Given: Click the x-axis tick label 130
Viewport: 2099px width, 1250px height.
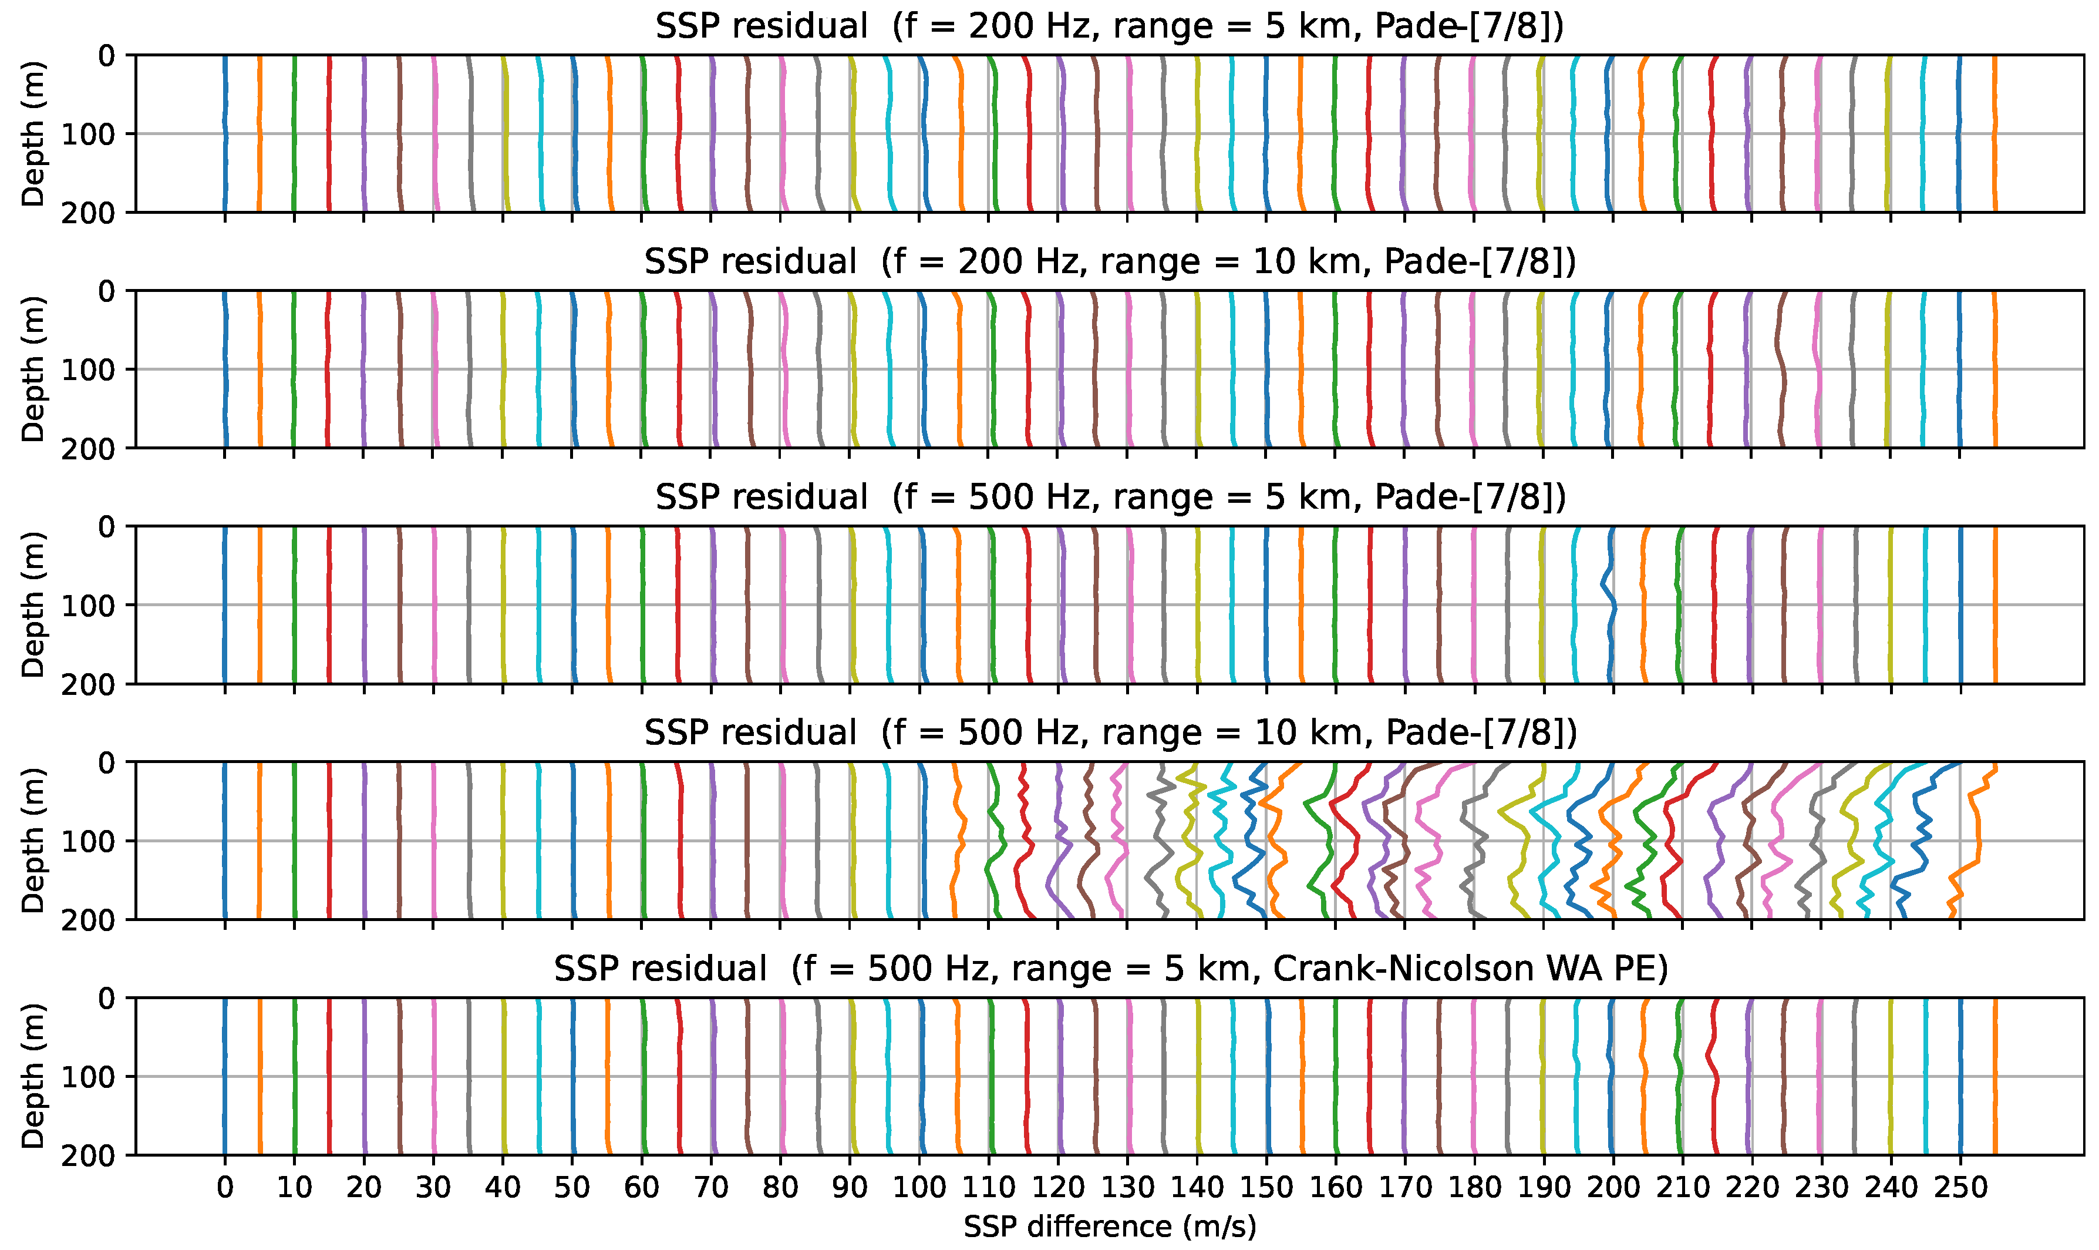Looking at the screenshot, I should (1127, 1188).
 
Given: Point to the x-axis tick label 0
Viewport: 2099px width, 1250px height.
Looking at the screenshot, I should (225, 1188).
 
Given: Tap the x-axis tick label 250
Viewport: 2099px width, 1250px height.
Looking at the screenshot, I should (1960, 1188).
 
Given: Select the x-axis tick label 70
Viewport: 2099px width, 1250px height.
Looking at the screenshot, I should (710, 1188).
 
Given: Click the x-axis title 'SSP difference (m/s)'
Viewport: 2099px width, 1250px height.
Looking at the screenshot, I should (1109, 1227).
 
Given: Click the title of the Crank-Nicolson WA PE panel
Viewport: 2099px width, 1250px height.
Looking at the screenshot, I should (1109, 969).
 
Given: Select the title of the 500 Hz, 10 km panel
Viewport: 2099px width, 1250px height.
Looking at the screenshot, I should (1109, 733).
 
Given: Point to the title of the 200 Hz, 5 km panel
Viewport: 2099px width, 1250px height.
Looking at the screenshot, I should (1109, 27).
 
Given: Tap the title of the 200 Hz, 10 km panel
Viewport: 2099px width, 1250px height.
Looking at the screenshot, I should (1109, 262).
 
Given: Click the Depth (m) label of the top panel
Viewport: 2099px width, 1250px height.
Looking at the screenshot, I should (33, 134).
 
